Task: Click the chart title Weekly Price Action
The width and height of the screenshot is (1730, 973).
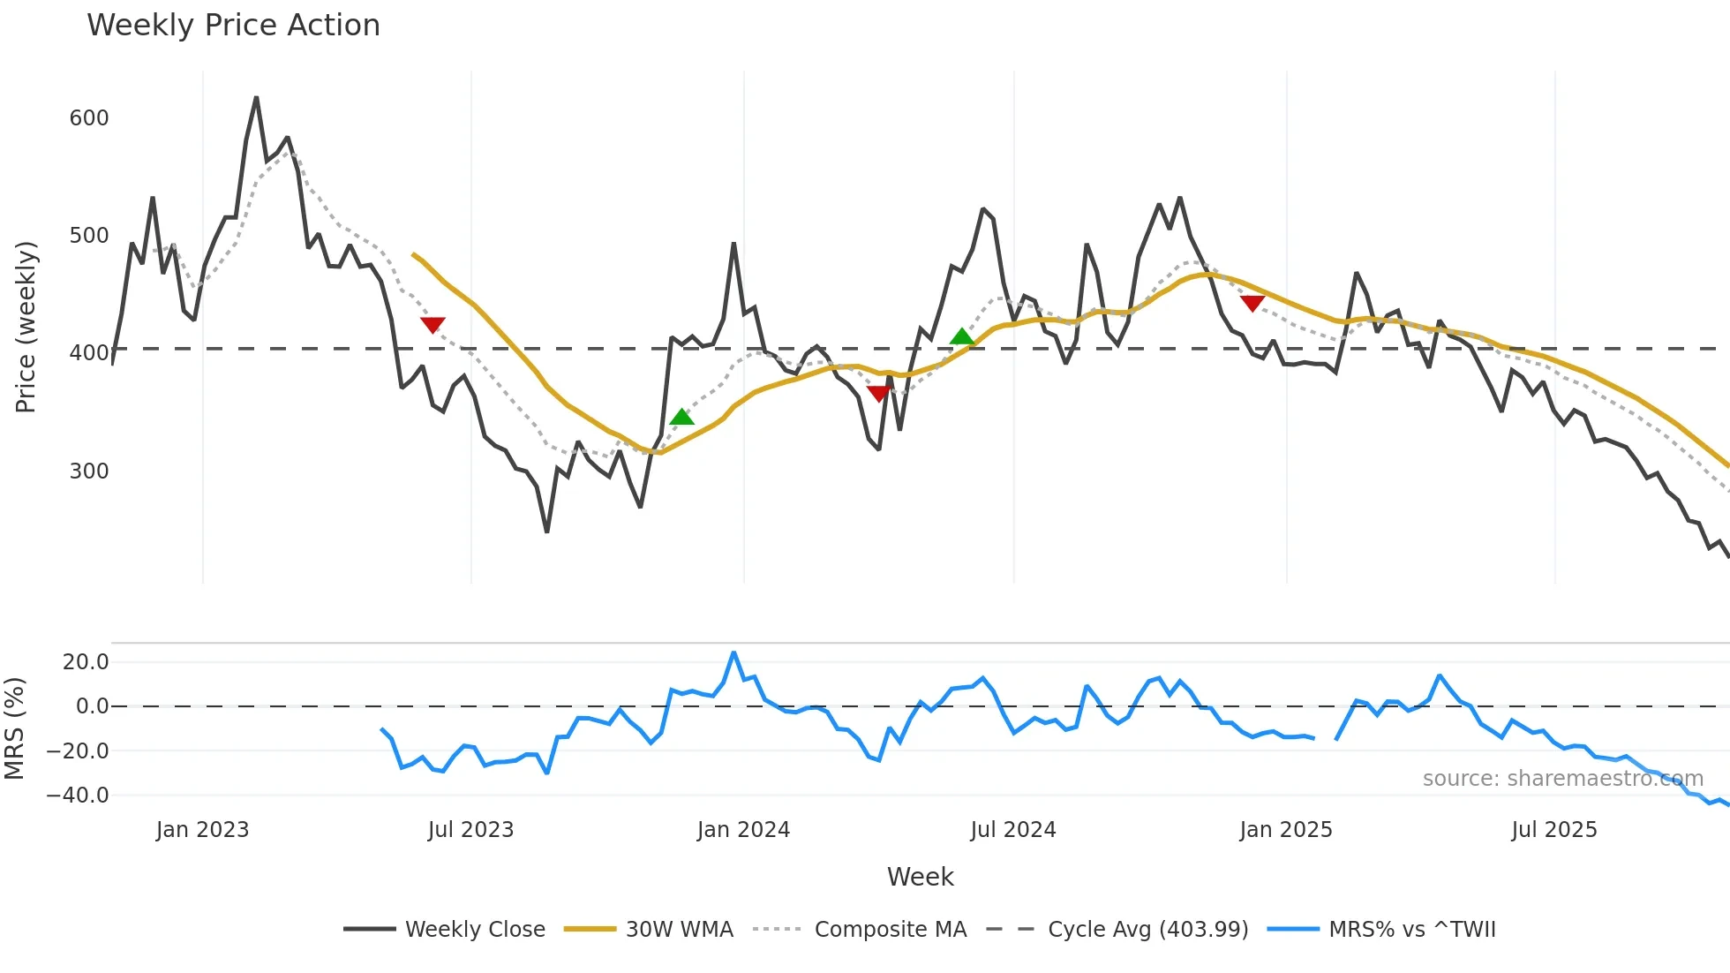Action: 233,26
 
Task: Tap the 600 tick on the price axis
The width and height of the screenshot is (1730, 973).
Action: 89,118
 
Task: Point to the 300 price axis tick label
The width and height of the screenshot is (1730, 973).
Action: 89,471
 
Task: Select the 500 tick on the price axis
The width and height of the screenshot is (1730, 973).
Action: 89,236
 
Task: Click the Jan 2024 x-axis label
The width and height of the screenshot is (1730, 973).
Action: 743,830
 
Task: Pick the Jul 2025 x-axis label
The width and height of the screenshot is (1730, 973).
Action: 1554,830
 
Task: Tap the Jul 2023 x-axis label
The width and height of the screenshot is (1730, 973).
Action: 470,830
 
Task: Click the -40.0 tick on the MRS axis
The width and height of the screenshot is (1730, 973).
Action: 78,796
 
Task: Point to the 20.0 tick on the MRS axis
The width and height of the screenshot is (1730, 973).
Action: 86,662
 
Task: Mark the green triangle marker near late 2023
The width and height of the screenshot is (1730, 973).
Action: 681,417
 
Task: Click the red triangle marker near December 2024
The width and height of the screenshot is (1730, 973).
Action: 1252,303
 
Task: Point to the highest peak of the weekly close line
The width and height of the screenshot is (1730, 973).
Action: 256,98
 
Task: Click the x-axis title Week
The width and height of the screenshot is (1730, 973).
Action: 920,877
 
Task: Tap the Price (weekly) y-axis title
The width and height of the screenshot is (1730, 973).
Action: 26,327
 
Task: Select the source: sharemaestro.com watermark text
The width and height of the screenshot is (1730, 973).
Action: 1562,779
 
